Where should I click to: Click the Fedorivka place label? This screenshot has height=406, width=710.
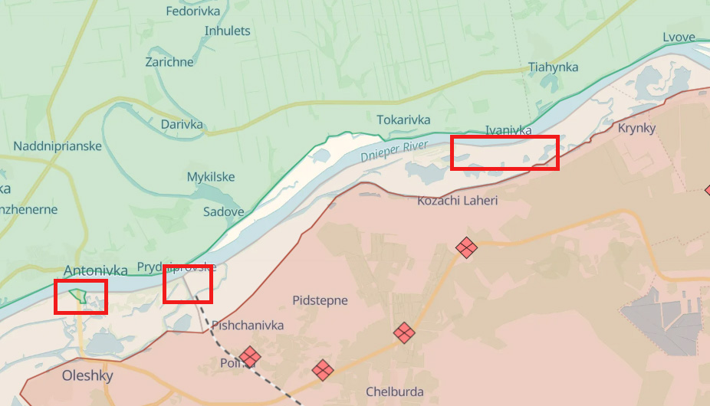coord(193,11)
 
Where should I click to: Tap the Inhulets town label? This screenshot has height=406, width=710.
coord(227,31)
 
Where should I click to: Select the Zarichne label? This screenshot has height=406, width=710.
coord(169,61)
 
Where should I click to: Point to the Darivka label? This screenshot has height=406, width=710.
coord(182,124)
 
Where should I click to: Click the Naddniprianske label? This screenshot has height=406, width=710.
coord(58,146)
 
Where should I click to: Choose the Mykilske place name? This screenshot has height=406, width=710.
coord(211,177)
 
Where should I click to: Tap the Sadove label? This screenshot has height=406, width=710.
coord(223,212)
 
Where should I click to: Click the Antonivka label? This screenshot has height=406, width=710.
coord(96,270)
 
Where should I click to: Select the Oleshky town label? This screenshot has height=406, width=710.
coord(87,376)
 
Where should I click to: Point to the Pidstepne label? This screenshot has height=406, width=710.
coord(320,301)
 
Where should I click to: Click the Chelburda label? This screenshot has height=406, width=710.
coord(394,392)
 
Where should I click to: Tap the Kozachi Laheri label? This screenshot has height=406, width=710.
coord(457,201)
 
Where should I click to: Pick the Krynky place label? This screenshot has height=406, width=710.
coord(636,128)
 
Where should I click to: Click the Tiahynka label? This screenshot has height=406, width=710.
coord(553,67)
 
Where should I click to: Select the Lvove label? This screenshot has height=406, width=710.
coord(679,38)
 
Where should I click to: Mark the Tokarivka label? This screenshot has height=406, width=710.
coord(403,120)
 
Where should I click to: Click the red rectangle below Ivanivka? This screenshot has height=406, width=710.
coord(504,152)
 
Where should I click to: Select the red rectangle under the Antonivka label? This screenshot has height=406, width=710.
coord(81,296)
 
